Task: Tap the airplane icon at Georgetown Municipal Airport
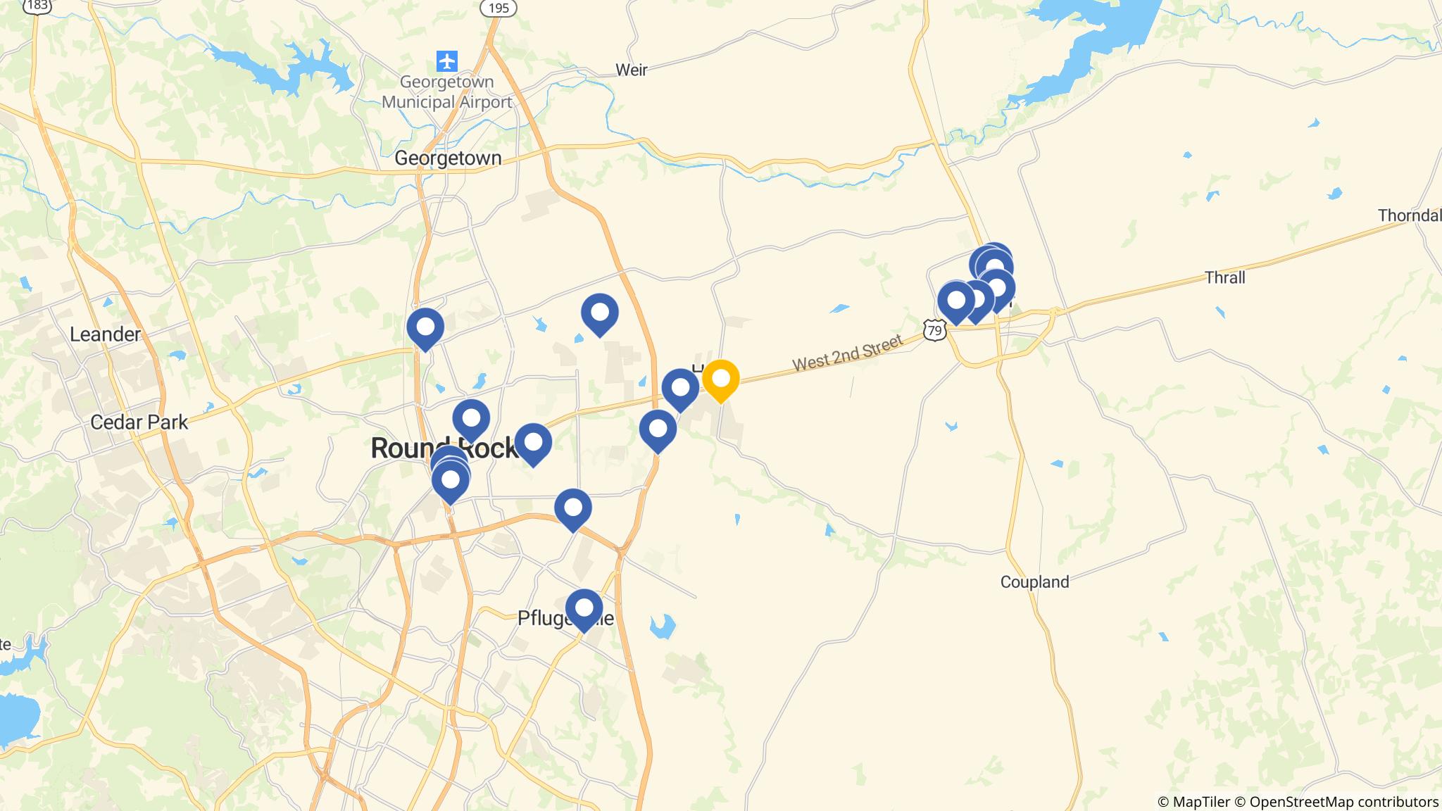(x=446, y=61)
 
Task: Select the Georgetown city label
(x=448, y=158)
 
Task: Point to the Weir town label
(x=631, y=70)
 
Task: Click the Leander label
(x=105, y=334)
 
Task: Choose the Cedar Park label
(x=139, y=422)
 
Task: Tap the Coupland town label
(x=1034, y=582)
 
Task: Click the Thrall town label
(x=1225, y=277)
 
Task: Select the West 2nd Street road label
(x=847, y=353)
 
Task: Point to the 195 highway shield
(x=498, y=8)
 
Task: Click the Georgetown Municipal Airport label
(x=446, y=92)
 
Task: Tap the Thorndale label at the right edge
(x=1409, y=215)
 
